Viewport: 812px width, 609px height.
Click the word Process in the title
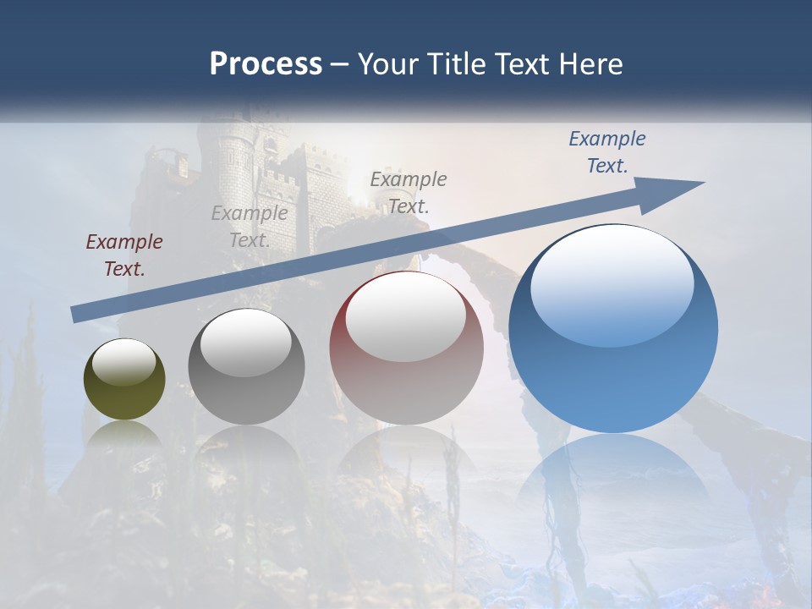pyautogui.click(x=266, y=64)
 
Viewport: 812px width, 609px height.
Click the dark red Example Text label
pyautogui.click(x=124, y=255)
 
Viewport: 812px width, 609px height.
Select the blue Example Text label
pyautogui.click(x=606, y=152)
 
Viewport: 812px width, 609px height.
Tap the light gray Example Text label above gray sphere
pyautogui.click(x=250, y=227)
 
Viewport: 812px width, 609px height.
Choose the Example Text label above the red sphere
pyautogui.click(x=409, y=192)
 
